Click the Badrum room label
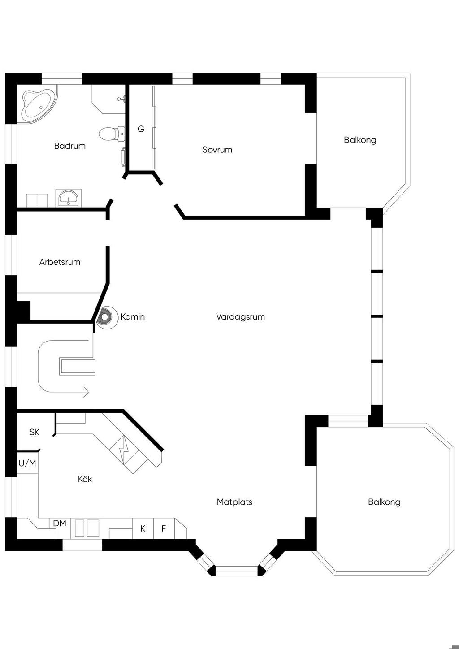70,146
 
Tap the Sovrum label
217,150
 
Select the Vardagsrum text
241,317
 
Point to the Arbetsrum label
60,262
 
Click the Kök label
85,479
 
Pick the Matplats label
234,502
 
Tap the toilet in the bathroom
112,134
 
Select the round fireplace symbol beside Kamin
104,317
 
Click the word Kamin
133,317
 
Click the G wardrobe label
141,129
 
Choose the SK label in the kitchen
34,432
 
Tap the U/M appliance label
27,463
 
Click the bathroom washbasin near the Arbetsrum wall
69,198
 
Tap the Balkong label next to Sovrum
360,140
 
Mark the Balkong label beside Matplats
384,502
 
